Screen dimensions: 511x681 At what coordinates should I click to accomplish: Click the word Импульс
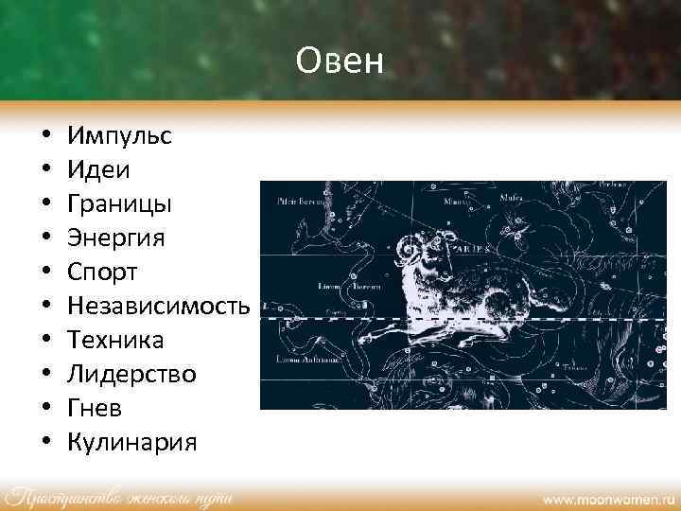(x=119, y=135)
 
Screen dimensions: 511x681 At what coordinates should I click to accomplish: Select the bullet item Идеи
(x=99, y=169)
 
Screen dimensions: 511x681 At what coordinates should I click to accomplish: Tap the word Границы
(x=119, y=203)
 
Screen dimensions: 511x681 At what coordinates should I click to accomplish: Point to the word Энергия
(x=116, y=238)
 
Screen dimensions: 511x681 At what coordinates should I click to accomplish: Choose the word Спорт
(x=103, y=272)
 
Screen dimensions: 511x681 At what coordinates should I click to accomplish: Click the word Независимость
(x=159, y=306)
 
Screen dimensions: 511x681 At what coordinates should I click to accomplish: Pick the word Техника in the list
(x=116, y=340)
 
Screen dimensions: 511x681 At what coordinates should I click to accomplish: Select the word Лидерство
(x=132, y=374)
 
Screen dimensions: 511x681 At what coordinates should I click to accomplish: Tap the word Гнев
(x=95, y=408)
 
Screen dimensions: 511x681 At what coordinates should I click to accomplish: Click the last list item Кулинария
(x=132, y=442)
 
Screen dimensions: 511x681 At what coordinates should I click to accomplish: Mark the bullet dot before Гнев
(x=45, y=409)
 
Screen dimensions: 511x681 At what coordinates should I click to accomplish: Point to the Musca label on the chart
(x=513, y=200)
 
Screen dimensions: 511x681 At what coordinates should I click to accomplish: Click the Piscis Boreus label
(x=298, y=201)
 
